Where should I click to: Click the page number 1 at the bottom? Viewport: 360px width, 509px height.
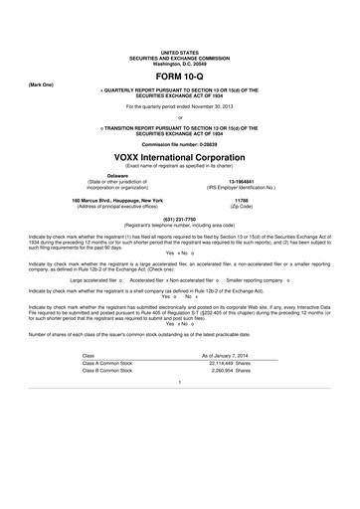[180, 438]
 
